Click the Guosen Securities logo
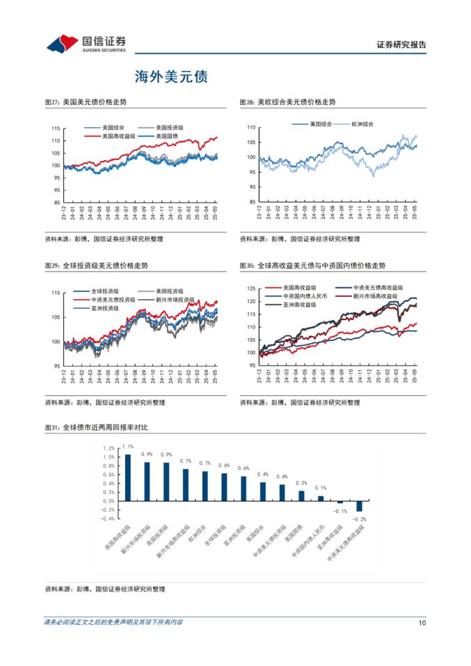click(87, 44)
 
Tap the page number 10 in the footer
click(422, 622)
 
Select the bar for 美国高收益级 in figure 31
click(127, 477)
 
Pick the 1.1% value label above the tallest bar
click(127, 447)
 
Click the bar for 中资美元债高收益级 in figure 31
click(360, 506)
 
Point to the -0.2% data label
click(359, 519)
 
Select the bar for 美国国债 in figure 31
click(301, 495)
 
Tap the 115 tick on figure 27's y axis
click(56, 129)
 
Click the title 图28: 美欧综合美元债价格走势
click(287, 102)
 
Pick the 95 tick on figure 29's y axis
click(56, 366)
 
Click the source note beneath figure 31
click(105, 589)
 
